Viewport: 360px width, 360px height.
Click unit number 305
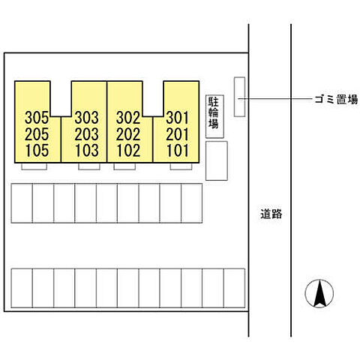pos(37,118)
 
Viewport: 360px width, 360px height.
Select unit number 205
pos(37,134)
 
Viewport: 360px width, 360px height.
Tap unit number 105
pos(37,151)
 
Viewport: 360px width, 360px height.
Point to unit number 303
pos(86,118)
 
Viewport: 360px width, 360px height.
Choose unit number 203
pos(86,134)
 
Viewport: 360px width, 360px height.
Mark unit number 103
pos(86,151)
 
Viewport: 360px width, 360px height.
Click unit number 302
pos(128,118)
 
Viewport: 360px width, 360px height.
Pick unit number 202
pos(128,134)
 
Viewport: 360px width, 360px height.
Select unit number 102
pos(128,151)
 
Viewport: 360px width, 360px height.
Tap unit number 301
pos(177,118)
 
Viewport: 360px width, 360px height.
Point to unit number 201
pos(177,134)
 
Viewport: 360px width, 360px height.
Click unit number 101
pos(177,151)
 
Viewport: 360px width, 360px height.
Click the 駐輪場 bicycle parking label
pos(214,112)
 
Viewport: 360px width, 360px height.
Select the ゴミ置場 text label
pos(336,100)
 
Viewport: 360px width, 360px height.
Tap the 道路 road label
pos(271,214)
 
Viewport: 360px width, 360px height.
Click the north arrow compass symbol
pos(319,293)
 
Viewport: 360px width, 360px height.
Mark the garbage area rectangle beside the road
pos(239,97)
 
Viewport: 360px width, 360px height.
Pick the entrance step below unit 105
pos(34,166)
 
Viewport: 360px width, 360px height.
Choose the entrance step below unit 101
pos(181,166)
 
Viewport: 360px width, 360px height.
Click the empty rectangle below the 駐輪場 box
pos(217,160)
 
